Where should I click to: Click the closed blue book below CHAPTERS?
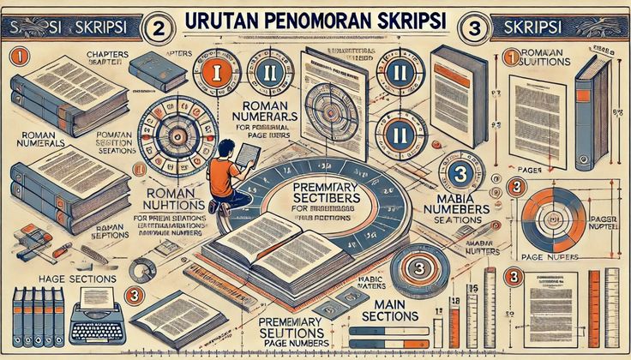[157, 71]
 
